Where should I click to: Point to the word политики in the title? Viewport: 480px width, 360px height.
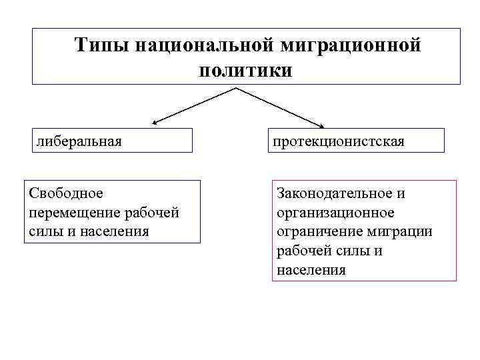pyautogui.click(x=245, y=69)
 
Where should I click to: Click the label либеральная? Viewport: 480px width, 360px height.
pyautogui.click(x=79, y=141)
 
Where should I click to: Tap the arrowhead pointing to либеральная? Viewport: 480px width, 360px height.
pyautogui.click(x=155, y=123)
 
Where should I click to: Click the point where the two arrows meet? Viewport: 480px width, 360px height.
pyautogui.click(x=237, y=88)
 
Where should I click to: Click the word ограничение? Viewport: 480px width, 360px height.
pyautogui.click(x=318, y=231)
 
